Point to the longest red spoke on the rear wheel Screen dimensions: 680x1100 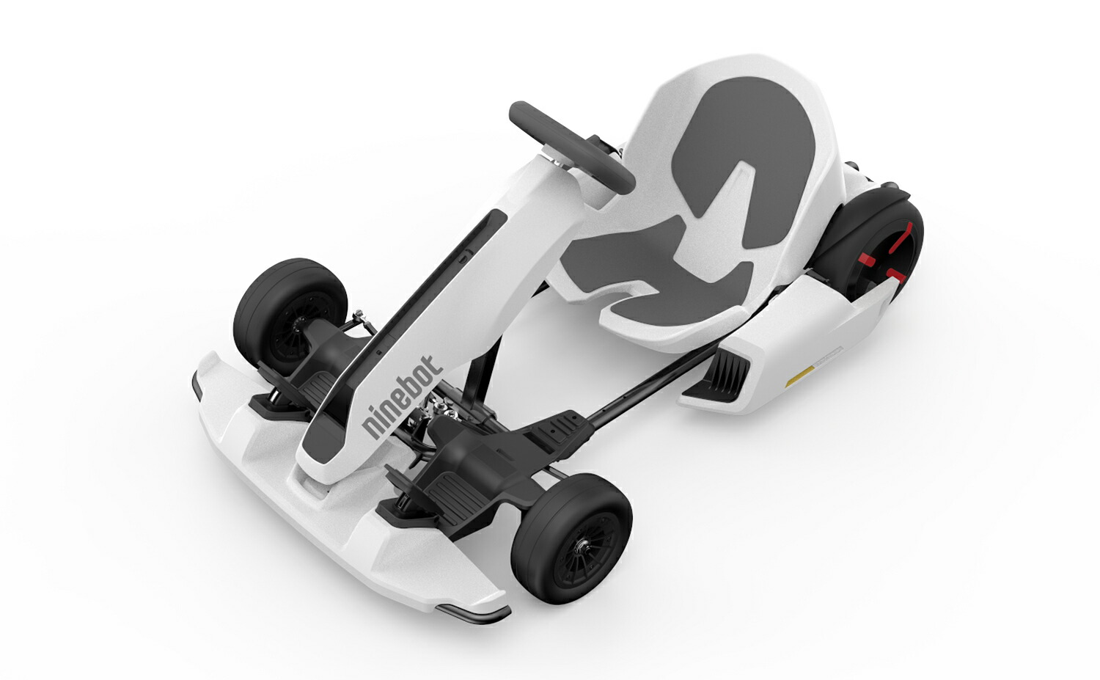coord(903,238)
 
